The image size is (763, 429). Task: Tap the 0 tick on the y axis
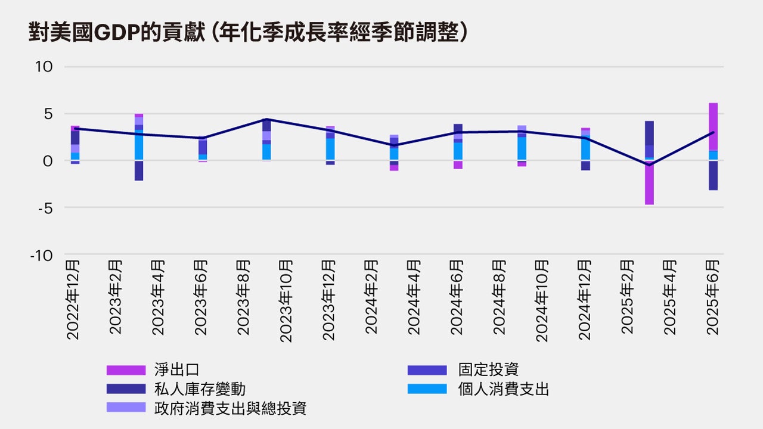48,161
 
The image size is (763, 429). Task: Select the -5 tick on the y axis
44,208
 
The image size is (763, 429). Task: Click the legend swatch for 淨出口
126,370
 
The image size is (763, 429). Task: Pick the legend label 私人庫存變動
200,389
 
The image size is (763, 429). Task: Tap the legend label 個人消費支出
503,389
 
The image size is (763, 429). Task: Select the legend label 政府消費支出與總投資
230,408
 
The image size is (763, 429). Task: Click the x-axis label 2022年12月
73,299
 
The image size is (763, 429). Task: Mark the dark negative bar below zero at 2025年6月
713,176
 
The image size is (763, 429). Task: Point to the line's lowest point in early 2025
649,165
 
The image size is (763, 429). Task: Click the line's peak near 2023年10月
266,119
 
